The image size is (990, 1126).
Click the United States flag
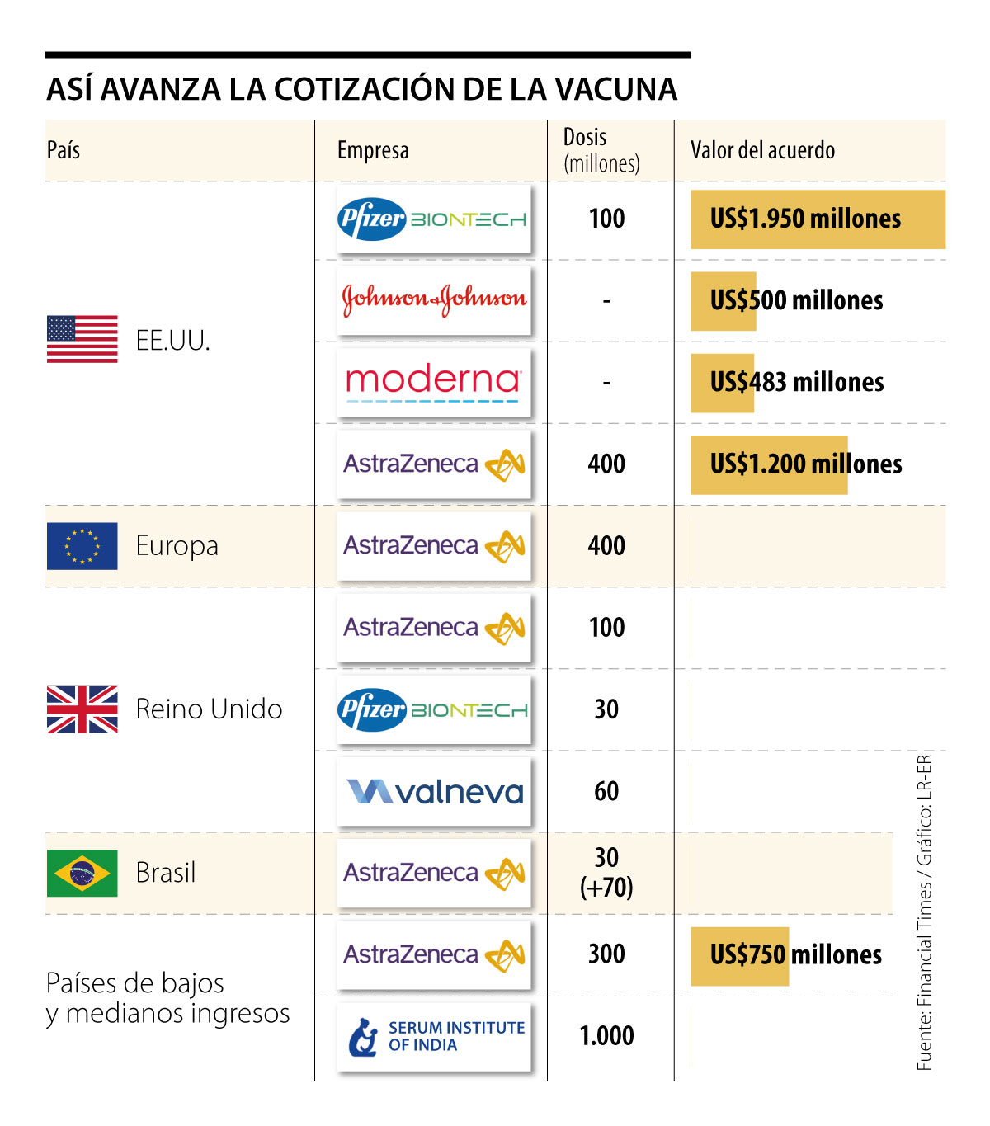pos(82,339)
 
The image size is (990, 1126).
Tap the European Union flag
pos(82,546)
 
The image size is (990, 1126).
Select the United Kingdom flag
pos(82,709)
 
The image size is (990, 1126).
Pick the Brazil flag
pos(82,873)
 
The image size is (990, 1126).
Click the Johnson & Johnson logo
pos(434,299)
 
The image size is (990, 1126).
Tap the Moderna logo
pos(434,382)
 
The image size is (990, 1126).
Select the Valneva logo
pos(434,792)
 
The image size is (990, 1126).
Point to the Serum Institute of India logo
pos(434,1037)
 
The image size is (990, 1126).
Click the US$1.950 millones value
pos(805,219)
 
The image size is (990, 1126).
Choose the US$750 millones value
pos(795,955)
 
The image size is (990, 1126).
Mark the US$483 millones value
pos(796,382)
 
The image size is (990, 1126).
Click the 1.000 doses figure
pos(606,1036)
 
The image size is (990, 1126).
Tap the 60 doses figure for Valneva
pos(606,791)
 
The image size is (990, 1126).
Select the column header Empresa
pos(373,150)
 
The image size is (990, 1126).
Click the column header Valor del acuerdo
pos(762,150)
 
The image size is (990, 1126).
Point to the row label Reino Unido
pos(209,709)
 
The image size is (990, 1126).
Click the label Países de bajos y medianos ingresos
pos(167,998)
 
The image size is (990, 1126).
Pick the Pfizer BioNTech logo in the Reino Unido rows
pos(434,710)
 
